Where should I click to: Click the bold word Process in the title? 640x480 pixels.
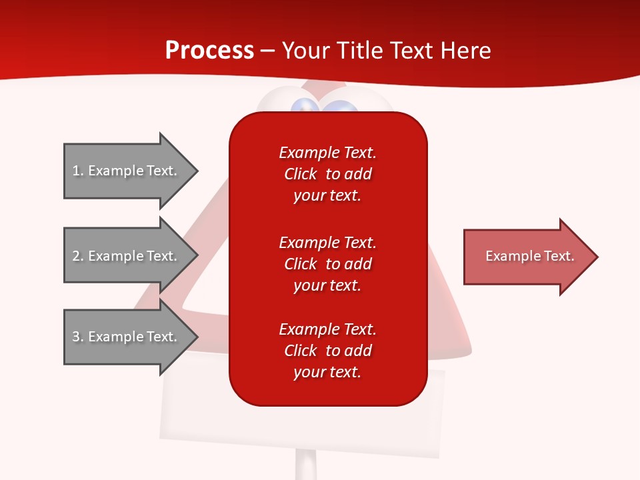209,50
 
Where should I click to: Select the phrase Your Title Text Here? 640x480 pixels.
386,51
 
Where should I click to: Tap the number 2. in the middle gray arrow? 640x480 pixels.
77,256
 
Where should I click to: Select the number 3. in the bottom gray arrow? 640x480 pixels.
77,337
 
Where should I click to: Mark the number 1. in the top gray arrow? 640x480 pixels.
77,171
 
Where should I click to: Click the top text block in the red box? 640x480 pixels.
327,174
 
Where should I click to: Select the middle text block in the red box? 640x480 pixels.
327,264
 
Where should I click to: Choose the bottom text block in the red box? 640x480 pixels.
327,351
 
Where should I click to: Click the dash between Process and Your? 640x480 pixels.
267,51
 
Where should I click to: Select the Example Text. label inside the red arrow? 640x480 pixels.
529,256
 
